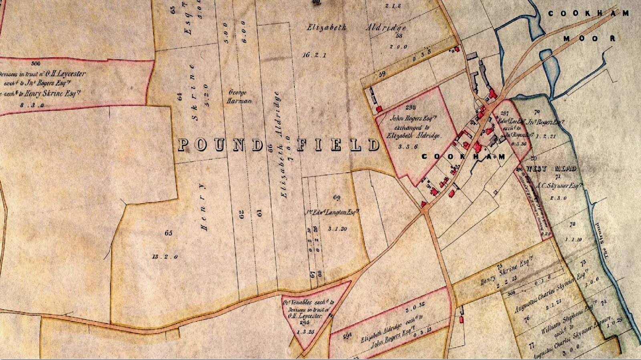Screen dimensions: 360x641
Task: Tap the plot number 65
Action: (x=168, y=233)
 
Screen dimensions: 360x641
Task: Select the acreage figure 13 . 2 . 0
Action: (x=165, y=257)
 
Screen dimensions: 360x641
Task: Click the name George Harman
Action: (x=239, y=97)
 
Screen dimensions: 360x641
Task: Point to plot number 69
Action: (x=337, y=197)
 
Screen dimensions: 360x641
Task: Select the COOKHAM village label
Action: (x=463, y=157)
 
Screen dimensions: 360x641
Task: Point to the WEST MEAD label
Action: (x=551, y=169)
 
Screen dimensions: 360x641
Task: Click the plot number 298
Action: (x=411, y=107)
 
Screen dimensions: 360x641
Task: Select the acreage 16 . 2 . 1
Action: (x=314, y=55)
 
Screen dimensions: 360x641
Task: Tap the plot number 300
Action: (x=36, y=63)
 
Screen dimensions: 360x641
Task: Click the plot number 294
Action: (x=347, y=336)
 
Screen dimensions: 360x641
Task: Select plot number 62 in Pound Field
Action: (x=241, y=215)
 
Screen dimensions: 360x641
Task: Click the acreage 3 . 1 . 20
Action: (x=337, y=229)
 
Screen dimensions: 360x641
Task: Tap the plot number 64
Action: (x=180, y=97)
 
